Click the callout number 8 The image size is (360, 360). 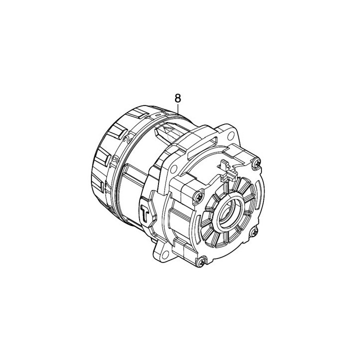pos(177,98)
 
